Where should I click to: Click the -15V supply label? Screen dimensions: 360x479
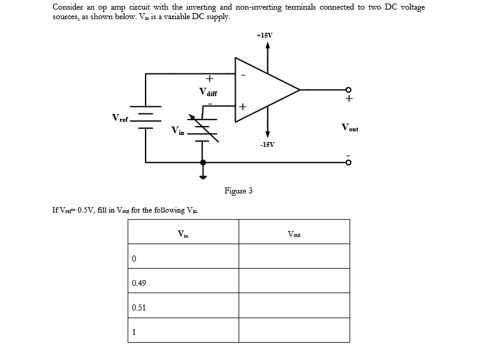pyautogui.click(x=267, y=144)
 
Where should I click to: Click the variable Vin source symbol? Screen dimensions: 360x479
pyautogui.click(x=203, y=129)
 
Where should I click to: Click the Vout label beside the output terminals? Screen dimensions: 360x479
pyautogui.click(x=350, y=127)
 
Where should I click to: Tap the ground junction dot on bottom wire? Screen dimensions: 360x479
pyautogui.click(x=203, y=162)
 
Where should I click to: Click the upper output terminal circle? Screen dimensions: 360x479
pyautogui.click(x=350, y=90)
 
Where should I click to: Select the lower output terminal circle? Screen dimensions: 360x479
pyautogui.click(x=350, y=162)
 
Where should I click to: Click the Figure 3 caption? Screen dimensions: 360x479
pyautogui.click(x=238, y=191)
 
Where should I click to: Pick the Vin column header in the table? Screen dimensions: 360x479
pyautogui.click(x=183, y=234)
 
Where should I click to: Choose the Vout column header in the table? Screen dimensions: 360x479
pyautogui.click(x=294, y=234)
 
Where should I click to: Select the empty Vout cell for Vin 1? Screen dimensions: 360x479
pyautogui.click(x=294, y=332)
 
